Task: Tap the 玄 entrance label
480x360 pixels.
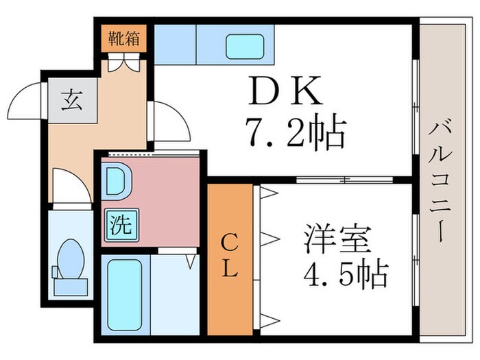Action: click(x=69, y=101)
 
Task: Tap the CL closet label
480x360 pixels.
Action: click(x=230, y=255)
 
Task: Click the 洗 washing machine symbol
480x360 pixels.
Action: click(x=121, y=224)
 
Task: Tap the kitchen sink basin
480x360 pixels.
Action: click(x=245, y=47)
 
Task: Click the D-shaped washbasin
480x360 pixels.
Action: click(x=116, y=182)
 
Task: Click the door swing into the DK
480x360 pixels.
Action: click(x=171, y=123)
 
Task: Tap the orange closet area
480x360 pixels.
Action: click(x=230, y=288)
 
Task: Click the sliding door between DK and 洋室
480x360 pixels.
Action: click(x=343, y=180)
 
